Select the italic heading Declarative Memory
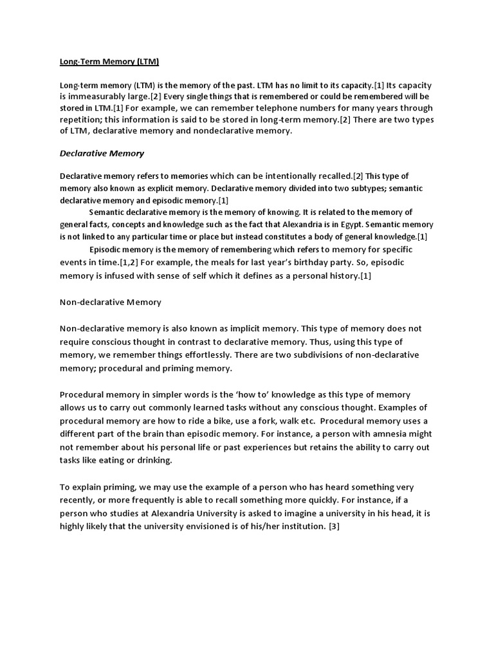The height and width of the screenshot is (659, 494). click(102, 153)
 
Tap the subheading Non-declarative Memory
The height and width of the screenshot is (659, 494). click(110, 301)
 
